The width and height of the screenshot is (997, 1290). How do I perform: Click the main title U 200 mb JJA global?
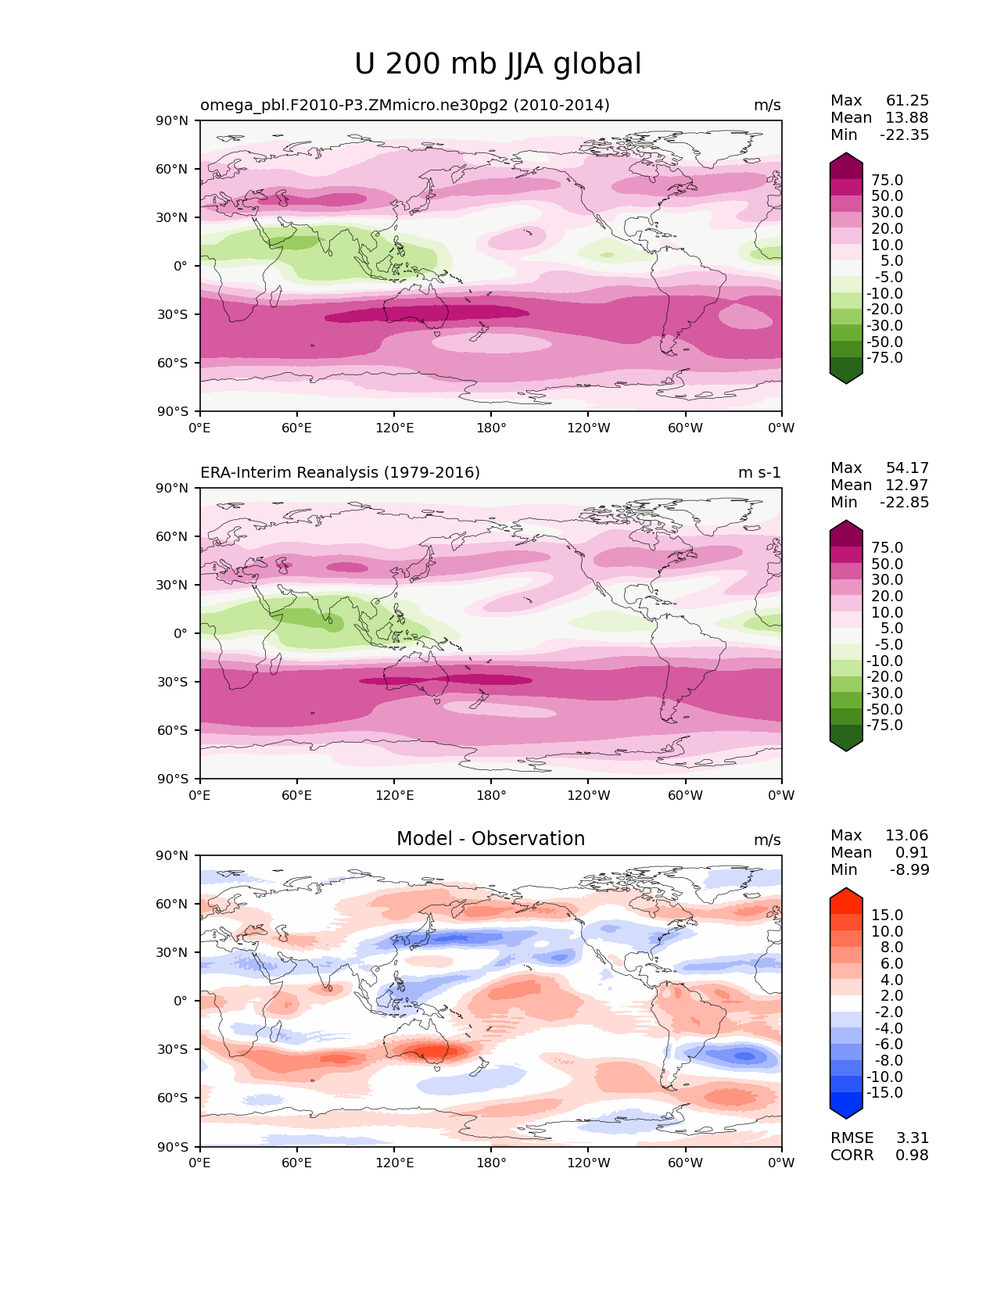pyautogui.click(x=498, y=64)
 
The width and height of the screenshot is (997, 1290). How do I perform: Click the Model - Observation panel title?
pyautogui.click(x=490, y=839)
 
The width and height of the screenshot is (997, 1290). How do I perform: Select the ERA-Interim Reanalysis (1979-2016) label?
pyautogui.click(x=340, y=473)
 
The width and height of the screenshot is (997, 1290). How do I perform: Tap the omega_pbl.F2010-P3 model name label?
pyautogui.click(x=405, y=106)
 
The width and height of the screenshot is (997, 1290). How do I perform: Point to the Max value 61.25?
pyautogui.click(x=907, y=101)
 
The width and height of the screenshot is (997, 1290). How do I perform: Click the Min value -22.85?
pyautogui.click(x=905, y=503)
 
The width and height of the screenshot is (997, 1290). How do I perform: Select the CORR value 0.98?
pyautogui.click(x=912, y=1156)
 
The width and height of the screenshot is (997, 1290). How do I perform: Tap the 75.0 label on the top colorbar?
pyautogui.click(x=887, y=181)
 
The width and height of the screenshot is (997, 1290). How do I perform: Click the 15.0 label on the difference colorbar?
pyautogui.click(x=887, y=916)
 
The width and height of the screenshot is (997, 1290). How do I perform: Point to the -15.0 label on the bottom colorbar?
pyautogui.click(x=884, y=1093)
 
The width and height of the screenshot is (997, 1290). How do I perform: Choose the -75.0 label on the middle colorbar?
pyautogui.click(x=884, y=726)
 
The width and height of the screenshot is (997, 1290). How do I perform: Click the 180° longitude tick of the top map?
pyautogui.click(x=491, y=428)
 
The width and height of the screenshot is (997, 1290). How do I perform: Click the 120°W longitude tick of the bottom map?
pyautogui.click(x=589, y=1163)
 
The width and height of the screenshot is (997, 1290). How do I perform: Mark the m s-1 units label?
pyautogui.click(x=759, y=473)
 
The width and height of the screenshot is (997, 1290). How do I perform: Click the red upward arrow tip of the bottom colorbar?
pyautogui.click(x=846, y=893)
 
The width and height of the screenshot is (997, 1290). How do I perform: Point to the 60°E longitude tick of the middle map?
pyautogui.click(x=297, y=796)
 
